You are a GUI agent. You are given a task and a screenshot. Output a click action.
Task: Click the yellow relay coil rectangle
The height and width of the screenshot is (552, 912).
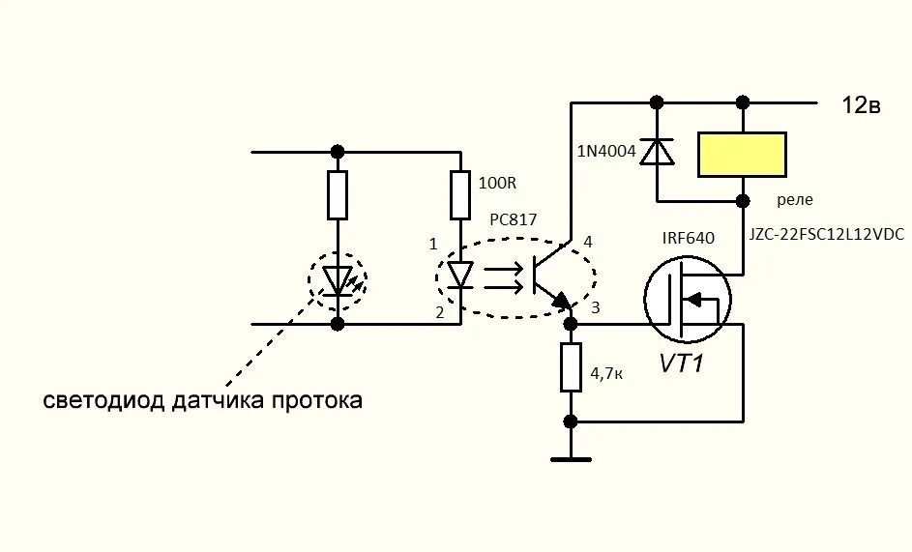(x=742, y=155)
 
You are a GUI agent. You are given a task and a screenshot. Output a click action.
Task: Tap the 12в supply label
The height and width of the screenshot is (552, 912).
(x=860, y=105)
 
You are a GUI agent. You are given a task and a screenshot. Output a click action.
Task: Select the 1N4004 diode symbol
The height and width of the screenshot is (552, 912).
(x=658, y=152)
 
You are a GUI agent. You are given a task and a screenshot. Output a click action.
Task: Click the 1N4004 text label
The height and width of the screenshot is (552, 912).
(x=606, y=151)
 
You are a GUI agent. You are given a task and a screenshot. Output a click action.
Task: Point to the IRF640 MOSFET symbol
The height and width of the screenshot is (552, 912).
(x=688, y=299)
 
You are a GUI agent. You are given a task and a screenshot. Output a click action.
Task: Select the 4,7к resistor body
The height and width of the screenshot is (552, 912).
(x=571, y=367)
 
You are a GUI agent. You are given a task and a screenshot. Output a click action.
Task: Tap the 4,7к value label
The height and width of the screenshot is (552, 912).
(x=605, y=369)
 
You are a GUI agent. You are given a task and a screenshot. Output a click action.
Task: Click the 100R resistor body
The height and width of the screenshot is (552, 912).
(x=460, y=194)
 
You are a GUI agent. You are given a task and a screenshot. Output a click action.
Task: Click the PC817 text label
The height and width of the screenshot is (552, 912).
(x=513, y=219)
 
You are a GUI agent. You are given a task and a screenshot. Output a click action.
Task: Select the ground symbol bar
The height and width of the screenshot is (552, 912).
(x=571, y=458)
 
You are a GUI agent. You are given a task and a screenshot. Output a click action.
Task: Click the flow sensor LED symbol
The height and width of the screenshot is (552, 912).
(x=338, y=279)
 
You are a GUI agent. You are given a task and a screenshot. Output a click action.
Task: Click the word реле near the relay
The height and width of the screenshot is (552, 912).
(x=795, y=200)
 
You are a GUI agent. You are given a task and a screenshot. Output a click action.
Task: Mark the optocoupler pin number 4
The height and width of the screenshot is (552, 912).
(x=587, y=241)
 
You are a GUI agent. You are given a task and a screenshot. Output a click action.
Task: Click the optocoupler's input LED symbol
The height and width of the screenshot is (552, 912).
(x=460, y=275)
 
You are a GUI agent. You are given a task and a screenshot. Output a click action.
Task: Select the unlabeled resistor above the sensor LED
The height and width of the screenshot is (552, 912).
(x=338, y=194)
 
